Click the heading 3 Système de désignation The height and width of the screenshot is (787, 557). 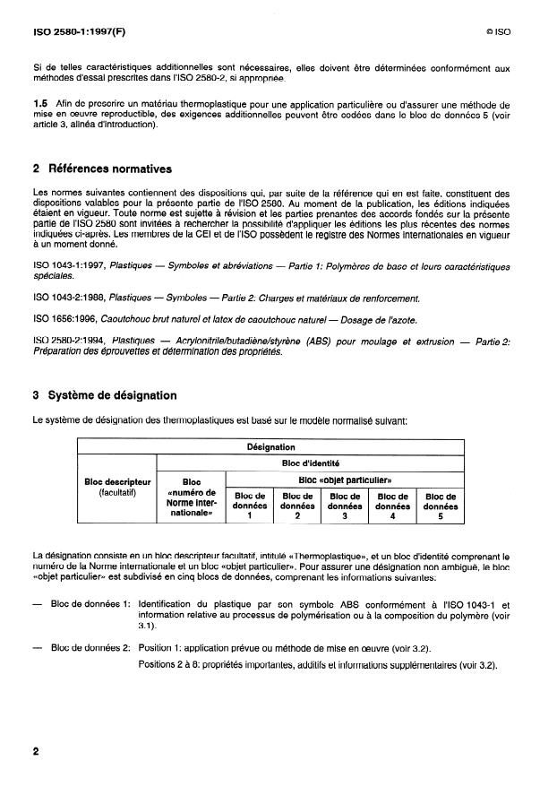105,395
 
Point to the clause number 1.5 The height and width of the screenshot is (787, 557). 40,105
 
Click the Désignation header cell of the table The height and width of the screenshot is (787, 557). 270,445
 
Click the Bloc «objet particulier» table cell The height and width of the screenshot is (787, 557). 345,480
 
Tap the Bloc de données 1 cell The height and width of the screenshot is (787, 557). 249,506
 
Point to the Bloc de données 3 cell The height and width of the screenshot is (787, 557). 345,506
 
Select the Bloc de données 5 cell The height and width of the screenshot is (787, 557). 441,506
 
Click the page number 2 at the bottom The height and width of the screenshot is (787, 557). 35,752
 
